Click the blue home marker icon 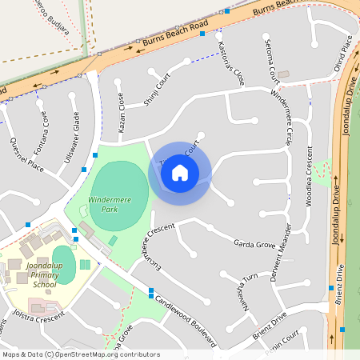tap(180, 172)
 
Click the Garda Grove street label tap(254, 243)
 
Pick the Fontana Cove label tap(41, 137)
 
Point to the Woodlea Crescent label tap(310, 176)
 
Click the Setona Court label tap(271, 60)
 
